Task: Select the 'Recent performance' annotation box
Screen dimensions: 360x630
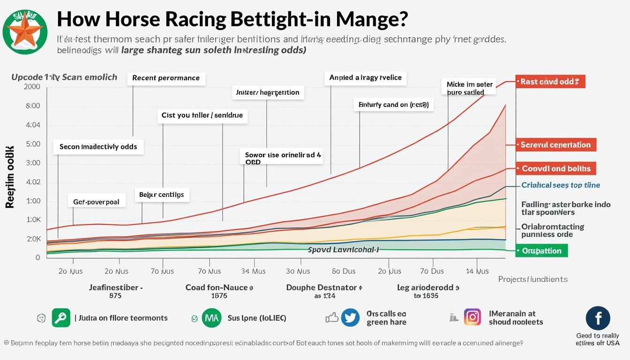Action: [x=166, y=78]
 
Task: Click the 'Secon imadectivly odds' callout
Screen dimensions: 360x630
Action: [x=98, y=147]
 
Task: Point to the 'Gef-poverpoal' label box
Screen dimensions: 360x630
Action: [x=96, y=202]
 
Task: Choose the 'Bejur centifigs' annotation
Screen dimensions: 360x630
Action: [x=162, y=194]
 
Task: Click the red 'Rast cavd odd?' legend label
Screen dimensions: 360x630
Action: [x=550, y=82]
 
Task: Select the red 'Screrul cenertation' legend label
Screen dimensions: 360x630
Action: [x=555, y=145]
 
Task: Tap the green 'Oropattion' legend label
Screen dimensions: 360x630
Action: [x=541, y=251]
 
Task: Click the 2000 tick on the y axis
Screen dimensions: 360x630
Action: [x=32, y=87]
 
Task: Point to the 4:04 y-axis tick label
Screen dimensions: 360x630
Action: [x=33, y=125]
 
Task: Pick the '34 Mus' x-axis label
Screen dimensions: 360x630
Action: [x=253, y=271]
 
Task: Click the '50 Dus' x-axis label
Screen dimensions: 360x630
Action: [x=343, y=271]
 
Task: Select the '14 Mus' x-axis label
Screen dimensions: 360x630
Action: [x=476, y=271]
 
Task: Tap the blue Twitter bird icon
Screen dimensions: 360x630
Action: [x=350, y=317]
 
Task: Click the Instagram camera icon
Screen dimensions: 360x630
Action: [x=472, y=317]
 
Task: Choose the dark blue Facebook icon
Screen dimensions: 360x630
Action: [x=598, y=318]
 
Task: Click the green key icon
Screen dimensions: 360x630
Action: [x=61, y=318]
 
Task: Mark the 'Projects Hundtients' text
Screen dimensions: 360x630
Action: [x=532, y=279]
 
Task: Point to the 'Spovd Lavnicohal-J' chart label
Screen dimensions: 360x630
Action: [x=343, y=250]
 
